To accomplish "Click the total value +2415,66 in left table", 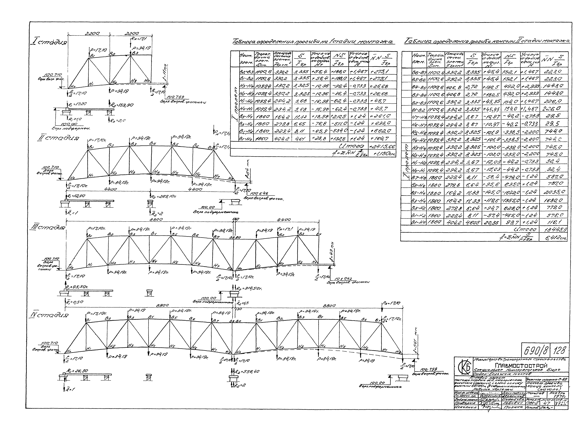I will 382,147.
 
